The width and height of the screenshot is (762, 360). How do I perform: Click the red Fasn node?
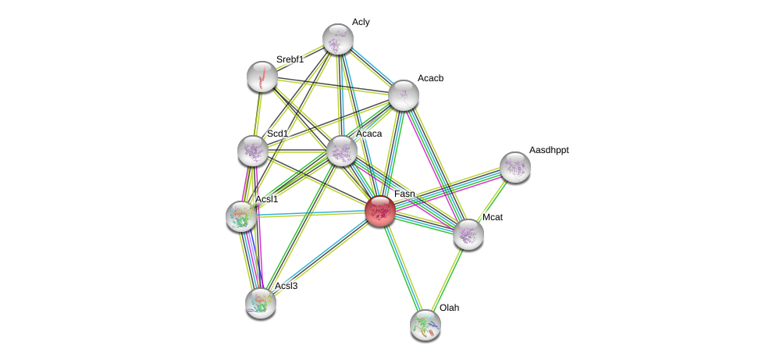click(380, 211)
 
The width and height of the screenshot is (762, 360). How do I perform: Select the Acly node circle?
click(338, 39)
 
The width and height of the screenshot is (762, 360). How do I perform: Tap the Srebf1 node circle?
click(262, 77)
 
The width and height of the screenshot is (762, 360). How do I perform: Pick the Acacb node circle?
click(404, 95)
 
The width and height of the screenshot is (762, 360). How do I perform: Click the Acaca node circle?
click(342, 151)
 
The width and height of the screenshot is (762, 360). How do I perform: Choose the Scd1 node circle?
click(252, 151)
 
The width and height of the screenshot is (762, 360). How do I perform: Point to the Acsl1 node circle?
click(241, 216)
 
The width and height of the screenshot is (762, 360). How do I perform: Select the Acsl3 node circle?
click(261, 303)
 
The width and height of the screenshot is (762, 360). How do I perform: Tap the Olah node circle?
click(426, 325)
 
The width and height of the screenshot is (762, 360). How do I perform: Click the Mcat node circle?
click(468, 234)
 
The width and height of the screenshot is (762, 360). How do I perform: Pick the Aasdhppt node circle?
click(515, 166)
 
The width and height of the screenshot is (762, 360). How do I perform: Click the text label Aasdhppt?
click(549, 150)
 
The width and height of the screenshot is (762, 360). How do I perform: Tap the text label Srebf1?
click(290, 59)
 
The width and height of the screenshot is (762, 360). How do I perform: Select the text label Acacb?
click(430, 78)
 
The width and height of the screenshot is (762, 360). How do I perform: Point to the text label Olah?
click(449, 308)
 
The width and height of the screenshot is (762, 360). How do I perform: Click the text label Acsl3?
click(286, 286)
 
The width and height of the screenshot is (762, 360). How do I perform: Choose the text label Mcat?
click(493, 217)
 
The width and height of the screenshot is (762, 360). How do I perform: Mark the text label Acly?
click(361, 22)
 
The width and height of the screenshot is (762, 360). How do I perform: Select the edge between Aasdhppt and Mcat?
click(492, 200)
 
